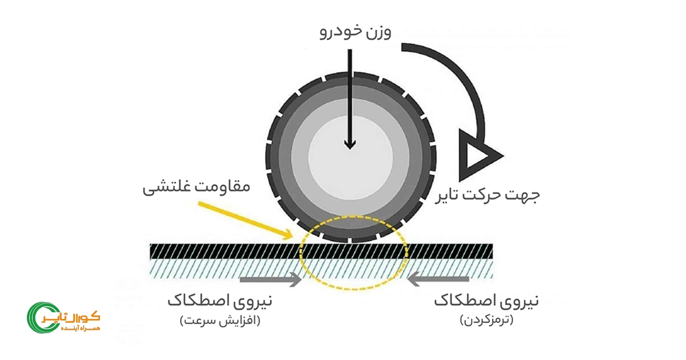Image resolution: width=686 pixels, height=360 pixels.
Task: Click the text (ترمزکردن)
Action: click(x=486, y=321)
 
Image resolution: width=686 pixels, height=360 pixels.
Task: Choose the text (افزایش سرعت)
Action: click(x=220, y=321)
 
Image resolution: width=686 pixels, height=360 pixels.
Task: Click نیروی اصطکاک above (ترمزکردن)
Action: click(x=486, y=301)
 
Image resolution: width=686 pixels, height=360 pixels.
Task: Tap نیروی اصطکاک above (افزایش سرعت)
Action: click(x=220, y=301)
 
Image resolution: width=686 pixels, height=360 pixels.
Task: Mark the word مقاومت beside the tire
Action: click(x=222, y=186)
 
